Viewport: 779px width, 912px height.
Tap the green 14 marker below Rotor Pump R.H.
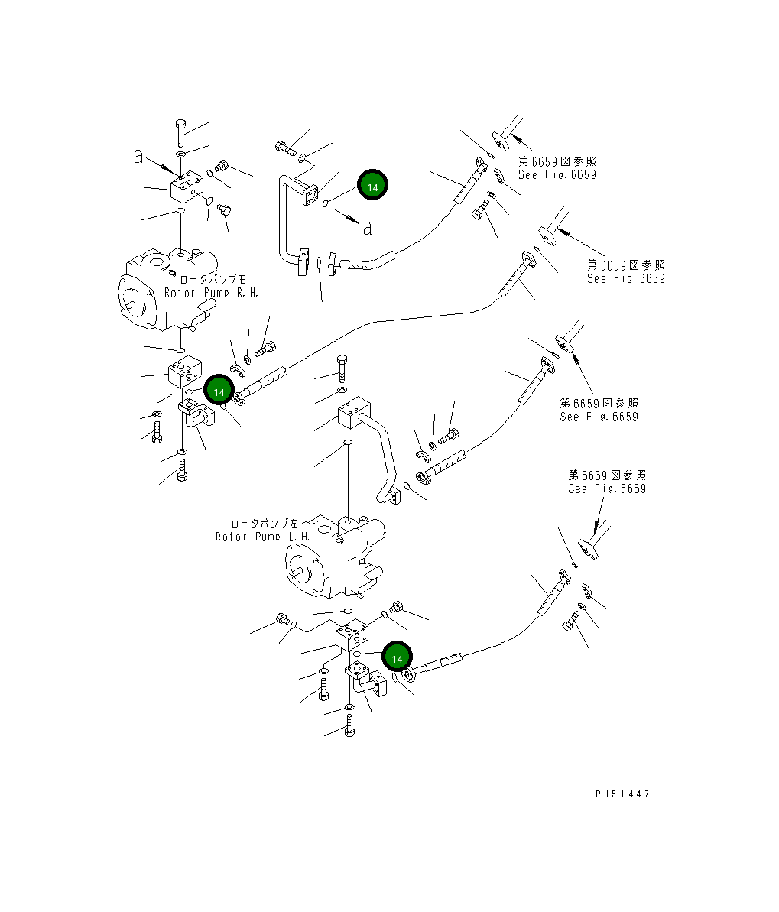(x=219, y=391)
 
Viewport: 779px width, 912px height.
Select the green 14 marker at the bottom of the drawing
(x=397, y=658)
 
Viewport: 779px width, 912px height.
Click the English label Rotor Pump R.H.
(x=211, y=293)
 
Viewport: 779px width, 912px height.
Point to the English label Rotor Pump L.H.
(x=262, y=537)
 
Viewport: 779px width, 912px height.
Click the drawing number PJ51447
(x=622, y=794)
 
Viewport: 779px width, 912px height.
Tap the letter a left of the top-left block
(x=138, y=156)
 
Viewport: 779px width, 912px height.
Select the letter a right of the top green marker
(x=368, y=228)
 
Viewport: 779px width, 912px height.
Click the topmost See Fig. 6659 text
(x=557, y=174)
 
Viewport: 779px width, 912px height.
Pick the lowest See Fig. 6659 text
(x=606, y=488)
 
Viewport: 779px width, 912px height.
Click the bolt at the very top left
(x=180, y=133)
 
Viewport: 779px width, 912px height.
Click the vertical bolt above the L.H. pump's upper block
(x=342, y=368)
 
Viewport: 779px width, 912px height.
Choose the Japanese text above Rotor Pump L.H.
(x=265, y=524)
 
